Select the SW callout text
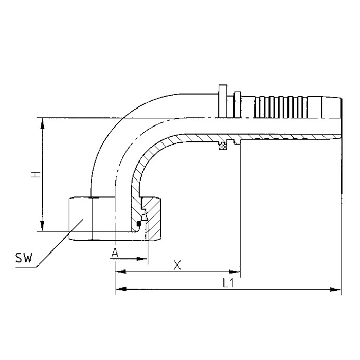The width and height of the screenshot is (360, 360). pyautogui.click(x=24, y=258)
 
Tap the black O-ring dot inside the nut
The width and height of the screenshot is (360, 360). pyautogui.click(x=139, y=224)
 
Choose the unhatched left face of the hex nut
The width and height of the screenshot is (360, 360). pyautogui.click(x=80, y=219)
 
